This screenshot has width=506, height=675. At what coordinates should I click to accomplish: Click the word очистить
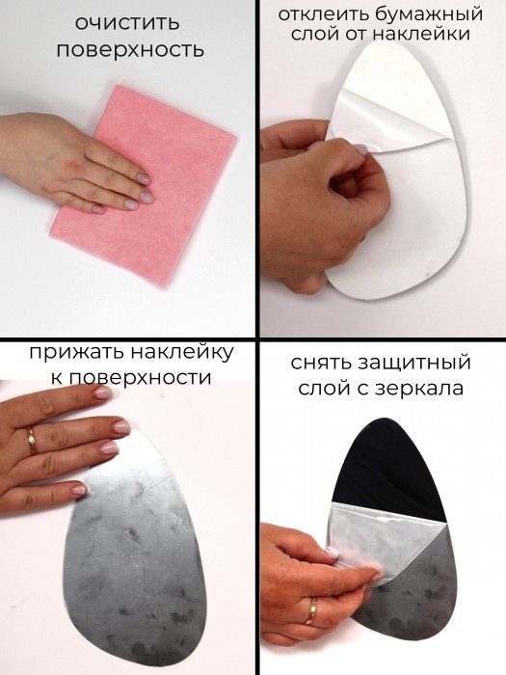pos(127,23)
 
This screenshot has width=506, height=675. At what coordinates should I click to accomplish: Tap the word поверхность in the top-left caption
pos(130,51)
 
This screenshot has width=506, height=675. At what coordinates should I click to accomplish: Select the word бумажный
pos(429,14)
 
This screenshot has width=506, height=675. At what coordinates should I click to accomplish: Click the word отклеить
pos(324,14)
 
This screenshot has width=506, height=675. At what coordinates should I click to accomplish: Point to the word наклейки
pos(421,34)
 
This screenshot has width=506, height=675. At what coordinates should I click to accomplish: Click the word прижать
pos(76,353)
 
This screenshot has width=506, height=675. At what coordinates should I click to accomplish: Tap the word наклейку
pos(181,353)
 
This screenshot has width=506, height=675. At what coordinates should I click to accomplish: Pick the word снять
pos(321,363)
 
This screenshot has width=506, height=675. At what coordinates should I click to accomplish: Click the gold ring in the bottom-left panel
pos(32,441)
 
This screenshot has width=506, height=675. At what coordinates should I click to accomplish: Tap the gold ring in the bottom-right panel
pos(311,611)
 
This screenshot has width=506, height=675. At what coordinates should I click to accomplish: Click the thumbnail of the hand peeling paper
pos(359,149)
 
